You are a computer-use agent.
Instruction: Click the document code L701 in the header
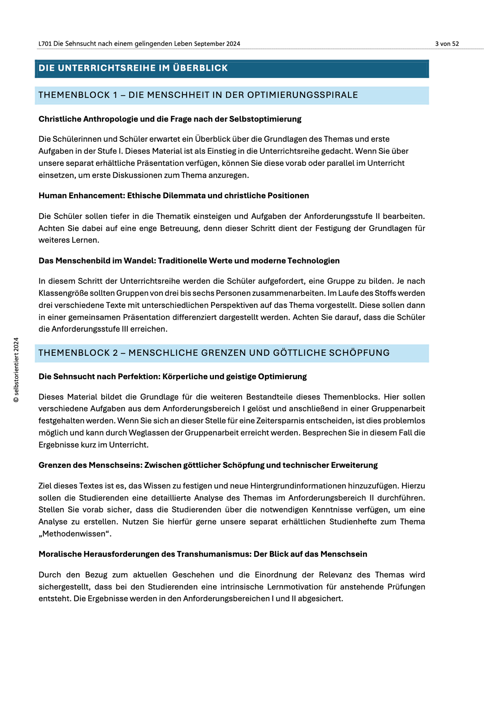tap(45, 44)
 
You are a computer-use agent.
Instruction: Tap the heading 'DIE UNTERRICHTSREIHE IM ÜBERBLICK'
tap(133, 68)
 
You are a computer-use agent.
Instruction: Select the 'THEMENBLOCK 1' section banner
tap(198, 95)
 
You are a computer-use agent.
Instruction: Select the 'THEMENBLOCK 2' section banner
tap(214, 353)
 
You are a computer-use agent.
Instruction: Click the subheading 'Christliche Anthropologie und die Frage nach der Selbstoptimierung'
tap(170, 119)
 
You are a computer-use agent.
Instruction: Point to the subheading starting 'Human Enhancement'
tap(173, 196)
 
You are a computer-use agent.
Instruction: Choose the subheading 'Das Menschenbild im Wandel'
tap(189, 261)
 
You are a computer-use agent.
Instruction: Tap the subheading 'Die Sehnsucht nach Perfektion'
tap(172, 376)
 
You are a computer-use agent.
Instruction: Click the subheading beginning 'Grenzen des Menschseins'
tap(208, 465)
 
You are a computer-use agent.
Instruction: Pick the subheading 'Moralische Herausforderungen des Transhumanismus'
tap(202, 554)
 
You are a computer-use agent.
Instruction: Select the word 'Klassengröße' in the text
tap(61, 293)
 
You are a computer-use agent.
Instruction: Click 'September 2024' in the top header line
tap(217, 44)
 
